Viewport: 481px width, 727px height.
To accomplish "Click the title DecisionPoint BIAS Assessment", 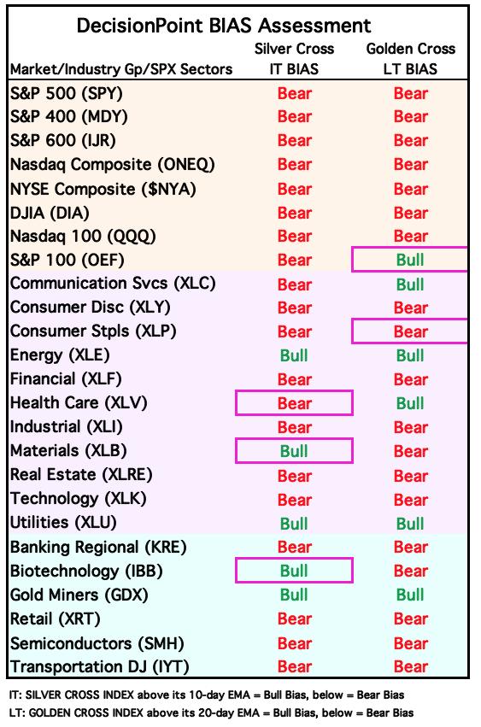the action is [x=224, y=26].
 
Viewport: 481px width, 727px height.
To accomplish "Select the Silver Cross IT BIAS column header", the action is [x=294, y=58].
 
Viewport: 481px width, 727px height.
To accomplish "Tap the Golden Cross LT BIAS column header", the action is [x=410, y=58].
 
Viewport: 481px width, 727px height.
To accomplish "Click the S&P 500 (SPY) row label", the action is [x=67, y=94].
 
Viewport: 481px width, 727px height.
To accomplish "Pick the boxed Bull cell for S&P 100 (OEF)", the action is [x=410, y=260].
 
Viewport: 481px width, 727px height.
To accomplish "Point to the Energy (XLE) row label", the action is [x=60, y=355].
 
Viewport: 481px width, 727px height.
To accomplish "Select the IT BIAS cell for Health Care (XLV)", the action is [x=295, y=403].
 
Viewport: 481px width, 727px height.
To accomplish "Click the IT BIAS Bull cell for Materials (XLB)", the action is [x=295, y=451].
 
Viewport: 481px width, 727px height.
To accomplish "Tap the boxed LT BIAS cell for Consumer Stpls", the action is [x=410, y=331].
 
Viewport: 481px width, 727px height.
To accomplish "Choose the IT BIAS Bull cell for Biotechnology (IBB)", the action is [x=295, y=571].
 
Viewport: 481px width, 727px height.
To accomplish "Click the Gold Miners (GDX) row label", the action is [x=79, y=595].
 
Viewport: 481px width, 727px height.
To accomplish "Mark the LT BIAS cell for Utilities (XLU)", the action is [x=410, y=524].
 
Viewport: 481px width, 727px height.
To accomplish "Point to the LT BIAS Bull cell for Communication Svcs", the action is [x=410, y=284].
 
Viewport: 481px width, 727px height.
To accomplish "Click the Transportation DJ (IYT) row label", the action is [x=100, y=666].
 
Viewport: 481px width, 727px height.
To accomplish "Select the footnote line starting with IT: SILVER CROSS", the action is [x=207, y=695].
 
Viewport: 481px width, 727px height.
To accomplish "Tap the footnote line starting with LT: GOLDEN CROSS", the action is [x=212, y=712].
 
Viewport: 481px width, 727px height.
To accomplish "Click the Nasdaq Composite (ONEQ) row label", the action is [x=113, y=165].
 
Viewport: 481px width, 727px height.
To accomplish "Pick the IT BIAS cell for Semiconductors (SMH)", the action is [x=295, y=643].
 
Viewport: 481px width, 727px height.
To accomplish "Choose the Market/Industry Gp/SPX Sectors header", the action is [x=121, y=69].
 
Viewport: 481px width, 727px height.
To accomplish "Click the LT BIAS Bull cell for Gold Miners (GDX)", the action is [x=410, y=595].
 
